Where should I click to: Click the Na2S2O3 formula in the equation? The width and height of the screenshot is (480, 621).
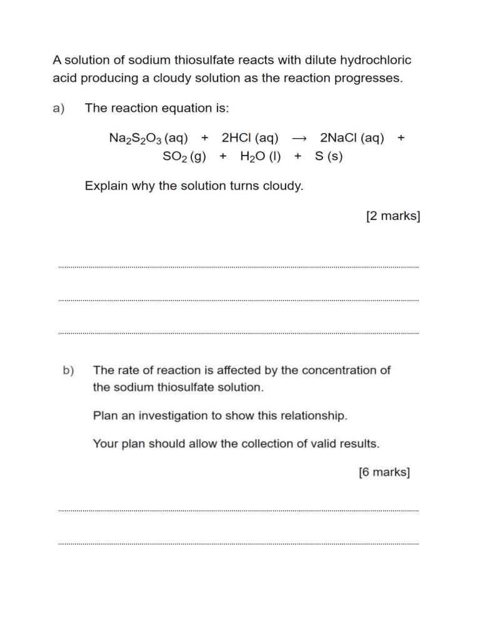click(x=132, y=139)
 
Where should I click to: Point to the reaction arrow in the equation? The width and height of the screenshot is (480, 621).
click(x=299, y=139)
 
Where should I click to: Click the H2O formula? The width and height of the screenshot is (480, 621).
click(x=251, y=157)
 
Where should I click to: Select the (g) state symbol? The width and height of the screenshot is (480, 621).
click(x=198, y=157)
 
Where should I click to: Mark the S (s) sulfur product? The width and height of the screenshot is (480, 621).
click(x=329, y=157)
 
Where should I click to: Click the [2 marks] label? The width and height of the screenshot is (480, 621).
click(x=392, y=216)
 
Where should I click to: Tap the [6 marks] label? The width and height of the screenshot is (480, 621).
click(x=384, y=472)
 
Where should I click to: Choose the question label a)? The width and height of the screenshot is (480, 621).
click(x=59, y=108)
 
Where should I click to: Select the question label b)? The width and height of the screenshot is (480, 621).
click(x=68, y=370)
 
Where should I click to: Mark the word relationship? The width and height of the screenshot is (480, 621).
click(x=311, y=415)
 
